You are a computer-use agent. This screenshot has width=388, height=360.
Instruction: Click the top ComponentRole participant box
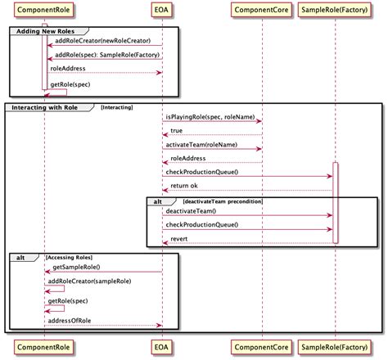coord(44,10)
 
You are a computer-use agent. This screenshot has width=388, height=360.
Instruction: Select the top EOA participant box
coord(161,10)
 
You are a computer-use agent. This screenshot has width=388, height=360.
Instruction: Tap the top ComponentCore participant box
coord(263,10)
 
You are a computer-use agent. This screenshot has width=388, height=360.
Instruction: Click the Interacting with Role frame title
coord(48,107)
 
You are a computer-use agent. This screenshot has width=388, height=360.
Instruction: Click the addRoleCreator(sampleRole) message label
coord(92,281)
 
